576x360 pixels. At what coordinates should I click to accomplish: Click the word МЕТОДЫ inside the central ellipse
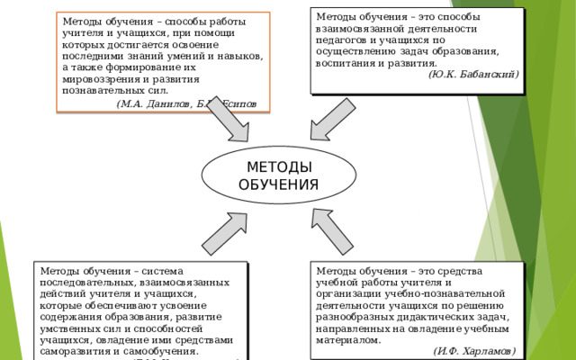[x=278, y=168]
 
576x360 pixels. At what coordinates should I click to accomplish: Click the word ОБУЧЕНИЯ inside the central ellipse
[x=278, y=185]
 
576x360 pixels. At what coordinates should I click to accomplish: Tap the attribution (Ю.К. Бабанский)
[x=473, y=75]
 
